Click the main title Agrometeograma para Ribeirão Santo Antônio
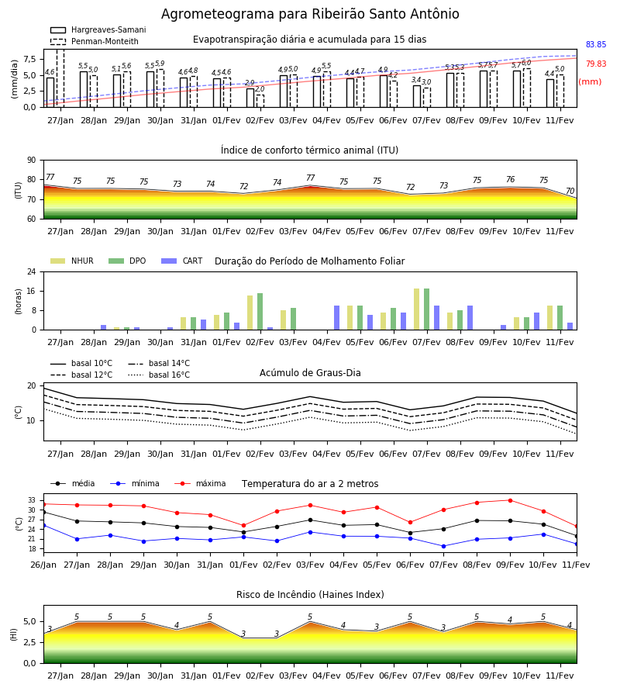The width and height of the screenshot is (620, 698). pyautogui.click(x=310, y=14)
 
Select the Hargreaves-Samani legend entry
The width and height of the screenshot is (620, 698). pyautogui.click(x=98, y=29)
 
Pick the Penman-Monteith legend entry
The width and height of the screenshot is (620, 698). pyautogui.click(x=95, y=41)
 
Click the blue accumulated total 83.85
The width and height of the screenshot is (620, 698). pyautogui.click(x=596, y=44)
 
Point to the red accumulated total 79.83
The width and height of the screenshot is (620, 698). pyautogui.click(x=596, y=64)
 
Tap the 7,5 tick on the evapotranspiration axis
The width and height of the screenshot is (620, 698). pyautogui.click(x=29, y=59)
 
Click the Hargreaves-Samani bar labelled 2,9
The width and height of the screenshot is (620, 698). pyautogui.click(x=250, y=98)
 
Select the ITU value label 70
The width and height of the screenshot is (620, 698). pyautogui.click(x=570, y=191)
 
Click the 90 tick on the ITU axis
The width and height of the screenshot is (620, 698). pyautogui.click(x=32, y=161)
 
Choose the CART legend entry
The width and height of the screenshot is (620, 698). pyautogui.click(x=182, y=261)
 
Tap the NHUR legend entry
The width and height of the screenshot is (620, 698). pyautogui.click(x=72, y=261)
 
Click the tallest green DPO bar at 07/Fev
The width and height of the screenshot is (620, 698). pyautogui.click(x=426, y=309)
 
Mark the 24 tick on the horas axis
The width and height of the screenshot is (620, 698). pyautogui.click(x=32, y=271)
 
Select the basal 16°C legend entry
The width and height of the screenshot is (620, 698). pyautogui.click(x=159, y=375)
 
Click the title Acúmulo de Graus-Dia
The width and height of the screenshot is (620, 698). pyautogui.click(x=310, y=373)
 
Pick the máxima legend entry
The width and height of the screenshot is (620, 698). pyautogui.click(x=200, y=483)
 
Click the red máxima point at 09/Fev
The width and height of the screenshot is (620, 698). pyautogui.click(x=510, y=500)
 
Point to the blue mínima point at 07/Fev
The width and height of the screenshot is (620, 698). pyautogui.click(x=443, y=546)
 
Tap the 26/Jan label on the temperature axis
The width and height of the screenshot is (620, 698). pyautogui.click(x=43, y=565)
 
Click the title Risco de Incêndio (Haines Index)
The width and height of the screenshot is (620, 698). pyautogui.click(x=310, y=595)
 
